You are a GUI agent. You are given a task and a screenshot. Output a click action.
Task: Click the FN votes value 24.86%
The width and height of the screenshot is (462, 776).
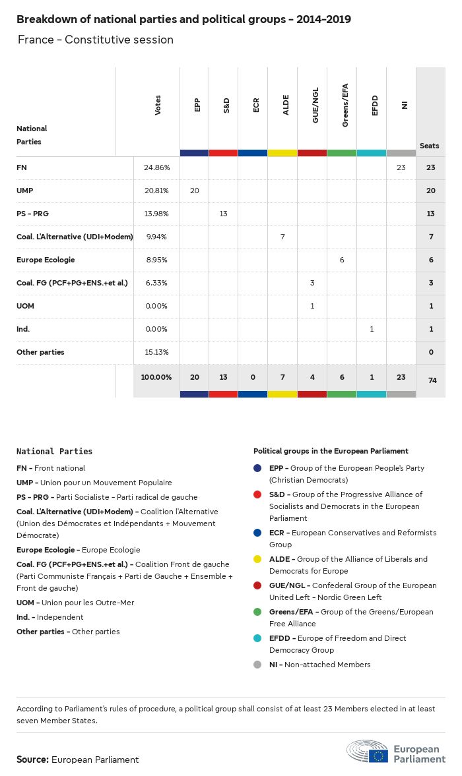pyautogui.click(x=156, y=168)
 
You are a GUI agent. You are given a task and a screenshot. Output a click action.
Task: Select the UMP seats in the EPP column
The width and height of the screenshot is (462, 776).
pyautogui.click(x=194, y=191)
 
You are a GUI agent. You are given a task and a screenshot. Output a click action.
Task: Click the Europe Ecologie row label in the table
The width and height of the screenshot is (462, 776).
pyautogui.click(x=46, y=260)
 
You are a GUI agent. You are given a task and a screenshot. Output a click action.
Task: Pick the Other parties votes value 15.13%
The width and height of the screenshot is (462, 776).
pyautogui.click(x=156, y=352)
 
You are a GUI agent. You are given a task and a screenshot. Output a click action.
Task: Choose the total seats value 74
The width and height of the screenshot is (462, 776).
pyautogui.click(x=431, y=381)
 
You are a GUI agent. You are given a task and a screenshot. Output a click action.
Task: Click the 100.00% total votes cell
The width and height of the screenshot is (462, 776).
pyautogui.click(x=156, y=377)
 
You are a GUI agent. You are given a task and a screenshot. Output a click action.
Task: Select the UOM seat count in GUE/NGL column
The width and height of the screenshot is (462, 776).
pyautogui.click(x=312, y=306)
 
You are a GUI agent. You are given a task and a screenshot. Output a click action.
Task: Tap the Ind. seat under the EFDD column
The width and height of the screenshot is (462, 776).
pyautogui.click(x=372, y=329)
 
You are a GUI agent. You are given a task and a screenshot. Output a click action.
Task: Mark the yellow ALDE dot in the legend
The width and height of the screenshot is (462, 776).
pyautogui.click(x=257, y=559)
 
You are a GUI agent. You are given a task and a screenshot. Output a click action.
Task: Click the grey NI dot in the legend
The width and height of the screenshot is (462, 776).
pyautogui.click(x=257, y=665)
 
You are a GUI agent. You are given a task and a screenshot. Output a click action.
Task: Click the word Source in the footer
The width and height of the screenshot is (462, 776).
pyautogui.click(x=32, y=760)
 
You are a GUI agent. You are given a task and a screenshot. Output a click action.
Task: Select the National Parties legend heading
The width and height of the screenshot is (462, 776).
pyautogui.click(x=54, y=452)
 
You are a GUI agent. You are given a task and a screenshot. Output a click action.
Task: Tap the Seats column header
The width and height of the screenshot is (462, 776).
pyautogui.click(x=429, y=146)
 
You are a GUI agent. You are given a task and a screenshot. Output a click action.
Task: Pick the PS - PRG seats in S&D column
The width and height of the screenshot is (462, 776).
pyautogui.click(x=224, y=214)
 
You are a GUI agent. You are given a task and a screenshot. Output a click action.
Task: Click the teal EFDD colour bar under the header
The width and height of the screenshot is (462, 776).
pyautogui.click(x=371, y=153)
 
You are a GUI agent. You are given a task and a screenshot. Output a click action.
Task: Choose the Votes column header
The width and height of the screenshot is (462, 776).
pyautogui.click(x=158, y=105)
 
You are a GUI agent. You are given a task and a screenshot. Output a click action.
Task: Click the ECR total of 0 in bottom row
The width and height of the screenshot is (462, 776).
pyautogui.click(x=253, y=377)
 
